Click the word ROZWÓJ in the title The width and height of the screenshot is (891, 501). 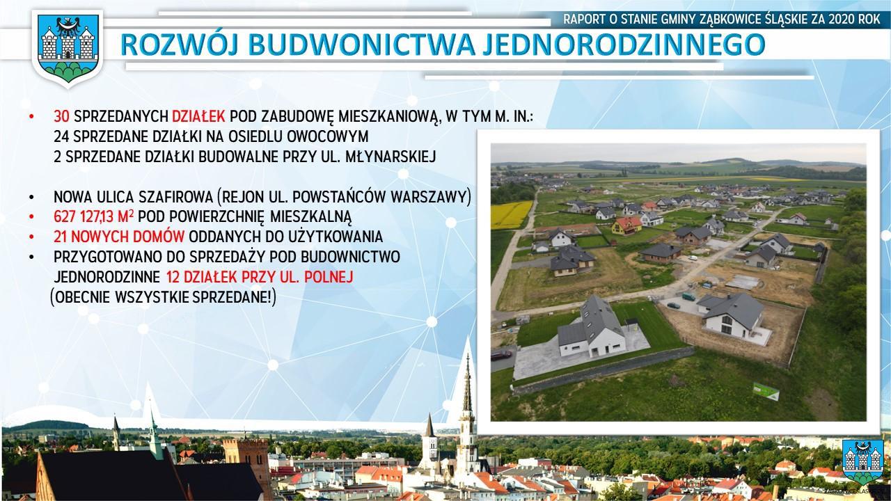180,45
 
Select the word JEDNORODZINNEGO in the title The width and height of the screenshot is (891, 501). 624,45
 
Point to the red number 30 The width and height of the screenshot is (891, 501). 62,116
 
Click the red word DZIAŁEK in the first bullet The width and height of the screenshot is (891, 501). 198,116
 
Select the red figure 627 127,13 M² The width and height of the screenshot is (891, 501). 93,216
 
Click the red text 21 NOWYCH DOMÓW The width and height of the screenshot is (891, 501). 119,237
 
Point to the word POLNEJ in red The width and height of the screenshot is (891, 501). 329,277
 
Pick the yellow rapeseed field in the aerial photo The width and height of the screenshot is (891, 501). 511,215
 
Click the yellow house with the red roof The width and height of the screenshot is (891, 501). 626,225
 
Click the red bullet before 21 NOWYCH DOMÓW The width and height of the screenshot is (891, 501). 32,237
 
